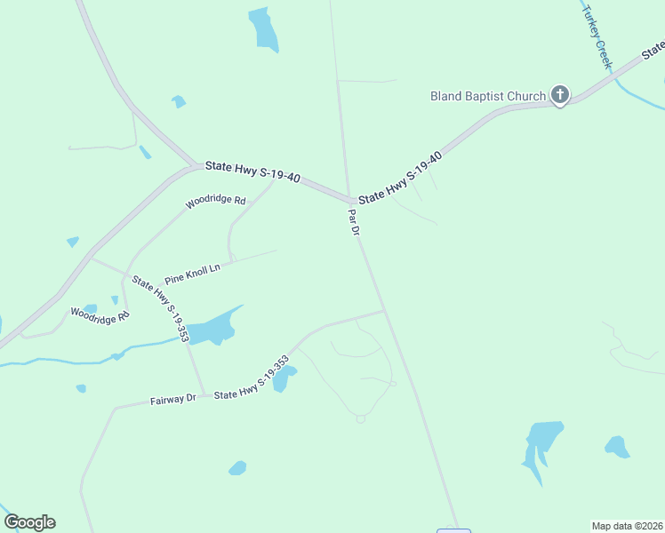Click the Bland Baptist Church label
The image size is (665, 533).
[487, 96]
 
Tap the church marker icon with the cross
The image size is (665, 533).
[560, 94]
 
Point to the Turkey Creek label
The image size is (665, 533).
[597, 36]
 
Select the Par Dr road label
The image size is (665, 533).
[353, 221]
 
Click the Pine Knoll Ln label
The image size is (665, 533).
[192, 273]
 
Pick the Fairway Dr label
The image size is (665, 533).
[172, 400]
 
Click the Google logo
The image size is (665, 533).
[29, 522]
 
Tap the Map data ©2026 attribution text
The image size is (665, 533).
[627, 525]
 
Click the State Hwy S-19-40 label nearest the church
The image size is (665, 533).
[400, 177]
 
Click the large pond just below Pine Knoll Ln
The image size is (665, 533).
[214, 329]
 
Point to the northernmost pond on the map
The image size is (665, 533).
[263, 30]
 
